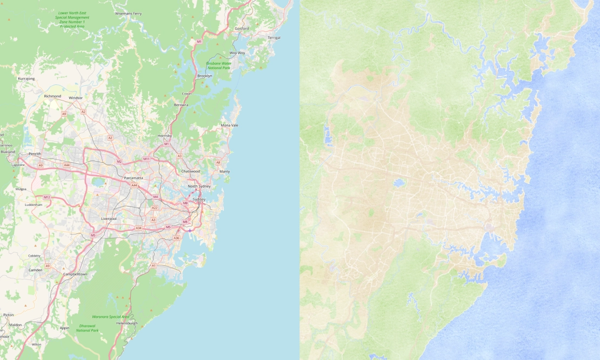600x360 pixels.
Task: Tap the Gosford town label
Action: (x=242, y=28)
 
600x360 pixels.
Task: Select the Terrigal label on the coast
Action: (x=274, y=37)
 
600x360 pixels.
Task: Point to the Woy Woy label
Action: (x=237, y=53)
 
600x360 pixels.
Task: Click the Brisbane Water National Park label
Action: (x=218, y=66)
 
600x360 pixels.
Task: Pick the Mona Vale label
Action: (x=230, y=125)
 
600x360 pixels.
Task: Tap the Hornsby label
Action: (x=164, y=136)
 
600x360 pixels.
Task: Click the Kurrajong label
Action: (x=26, y=78)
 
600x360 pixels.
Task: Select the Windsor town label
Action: (x=76, y=98)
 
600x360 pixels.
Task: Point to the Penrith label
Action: (x=35, y=154)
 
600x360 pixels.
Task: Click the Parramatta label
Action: (x=133, y=178)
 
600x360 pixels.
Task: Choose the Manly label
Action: (x=224, y=171)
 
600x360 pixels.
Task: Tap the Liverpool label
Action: (x=109, y=218)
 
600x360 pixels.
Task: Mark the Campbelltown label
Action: (x=75, y=274)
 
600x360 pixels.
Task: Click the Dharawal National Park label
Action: (x=88, y=327)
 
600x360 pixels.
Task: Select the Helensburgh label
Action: (x=127, y=323)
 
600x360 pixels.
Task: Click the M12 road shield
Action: (x=47, y=197)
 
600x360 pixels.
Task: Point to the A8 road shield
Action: (x=218, y=162)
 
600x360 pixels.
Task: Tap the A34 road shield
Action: (x=138, y=228)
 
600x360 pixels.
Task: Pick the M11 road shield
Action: (x=146, y=159)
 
